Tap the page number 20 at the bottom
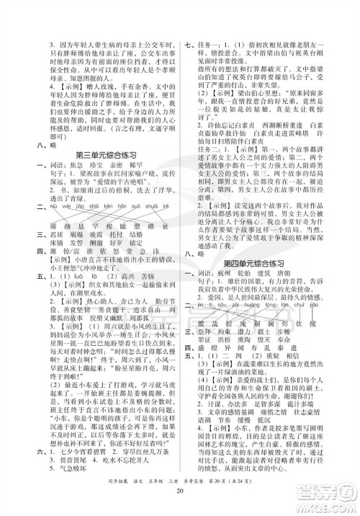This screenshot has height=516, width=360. point(180,492)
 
